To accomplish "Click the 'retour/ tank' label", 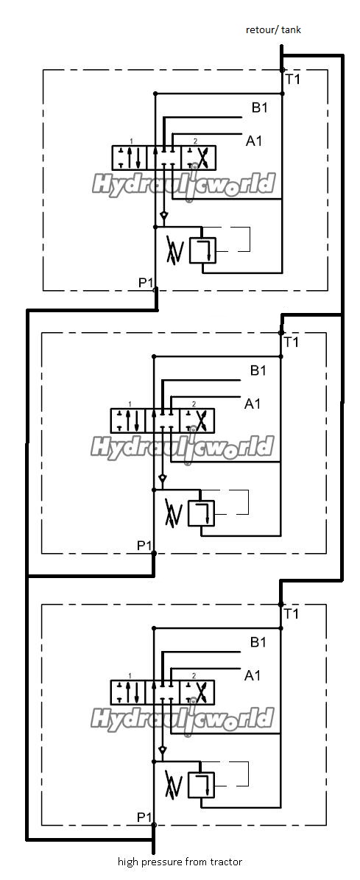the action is [273, 29].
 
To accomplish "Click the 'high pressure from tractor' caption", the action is [180, 862].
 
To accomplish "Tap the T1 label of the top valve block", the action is [293, 79].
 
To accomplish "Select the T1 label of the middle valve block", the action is [292, 342].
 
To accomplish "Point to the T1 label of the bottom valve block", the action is [292, 613].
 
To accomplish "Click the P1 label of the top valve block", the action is [146, 282].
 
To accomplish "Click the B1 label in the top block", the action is [259, 108].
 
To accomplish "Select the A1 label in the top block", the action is [253, 141].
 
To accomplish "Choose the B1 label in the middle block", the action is [258, 370].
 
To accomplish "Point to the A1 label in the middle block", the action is [253, 403].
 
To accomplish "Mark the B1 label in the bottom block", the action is [258, 642].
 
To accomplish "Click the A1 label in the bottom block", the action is [253, 675].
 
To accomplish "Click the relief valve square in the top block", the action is [202, 250].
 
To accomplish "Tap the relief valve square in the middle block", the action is [201, 513].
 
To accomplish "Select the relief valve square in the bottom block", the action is [201, 784].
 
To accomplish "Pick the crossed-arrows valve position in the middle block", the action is [197, 420].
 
